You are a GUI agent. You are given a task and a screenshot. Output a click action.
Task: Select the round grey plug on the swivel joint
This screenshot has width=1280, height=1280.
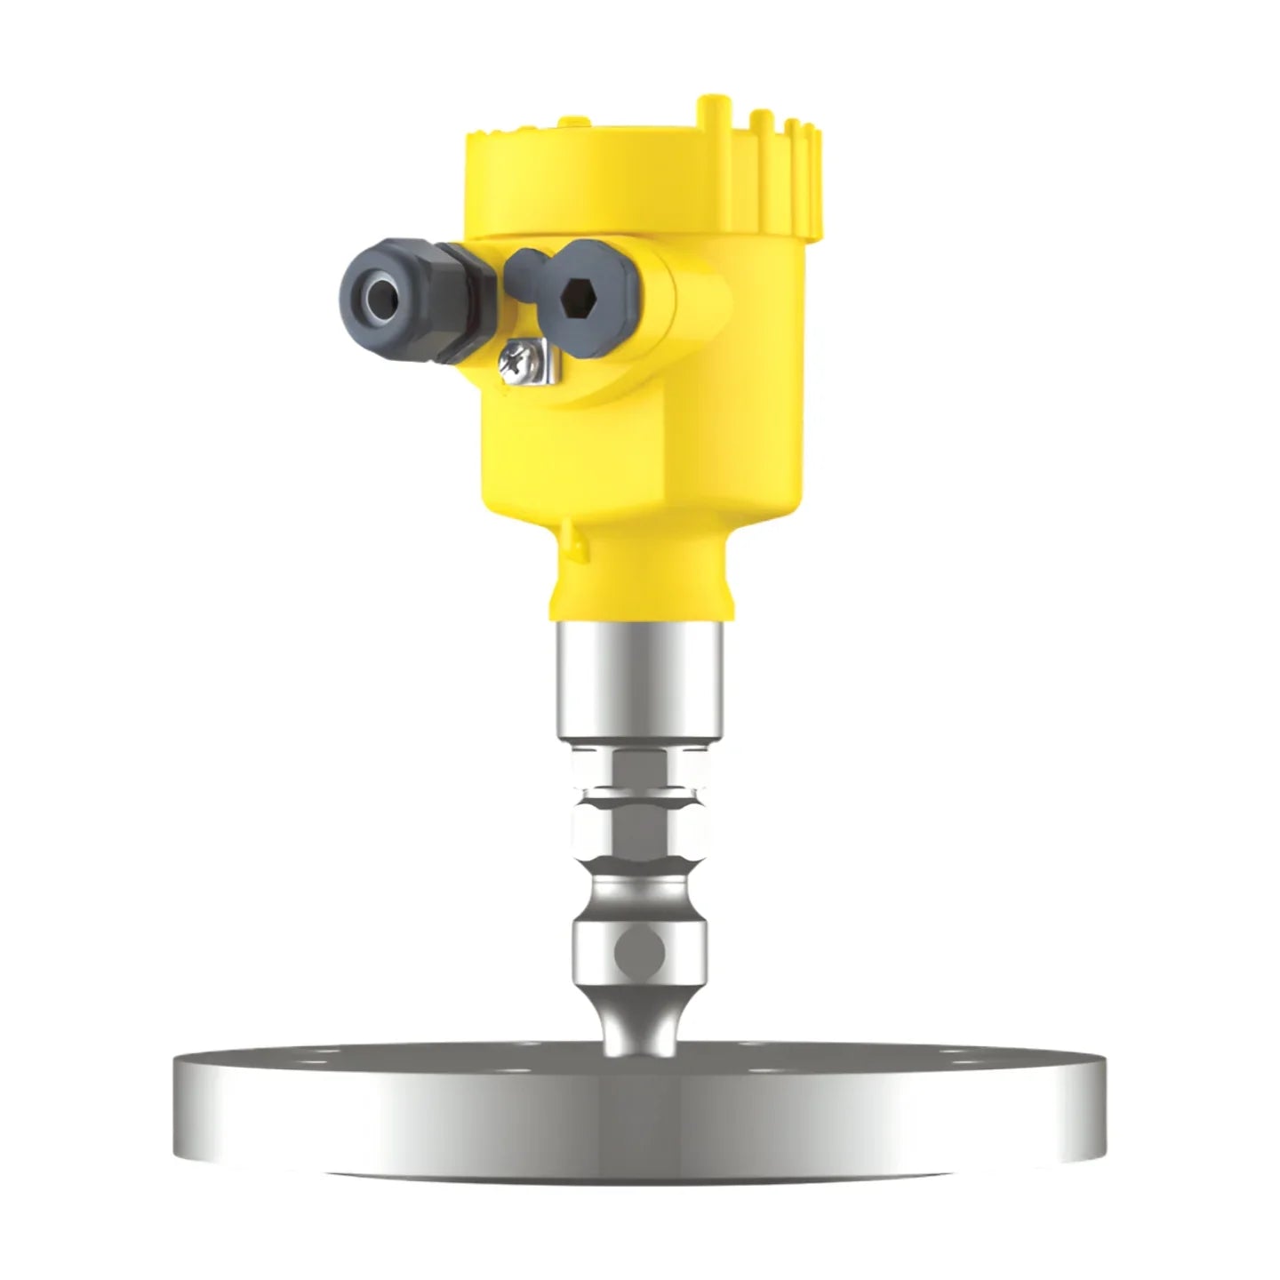[641, 952]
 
